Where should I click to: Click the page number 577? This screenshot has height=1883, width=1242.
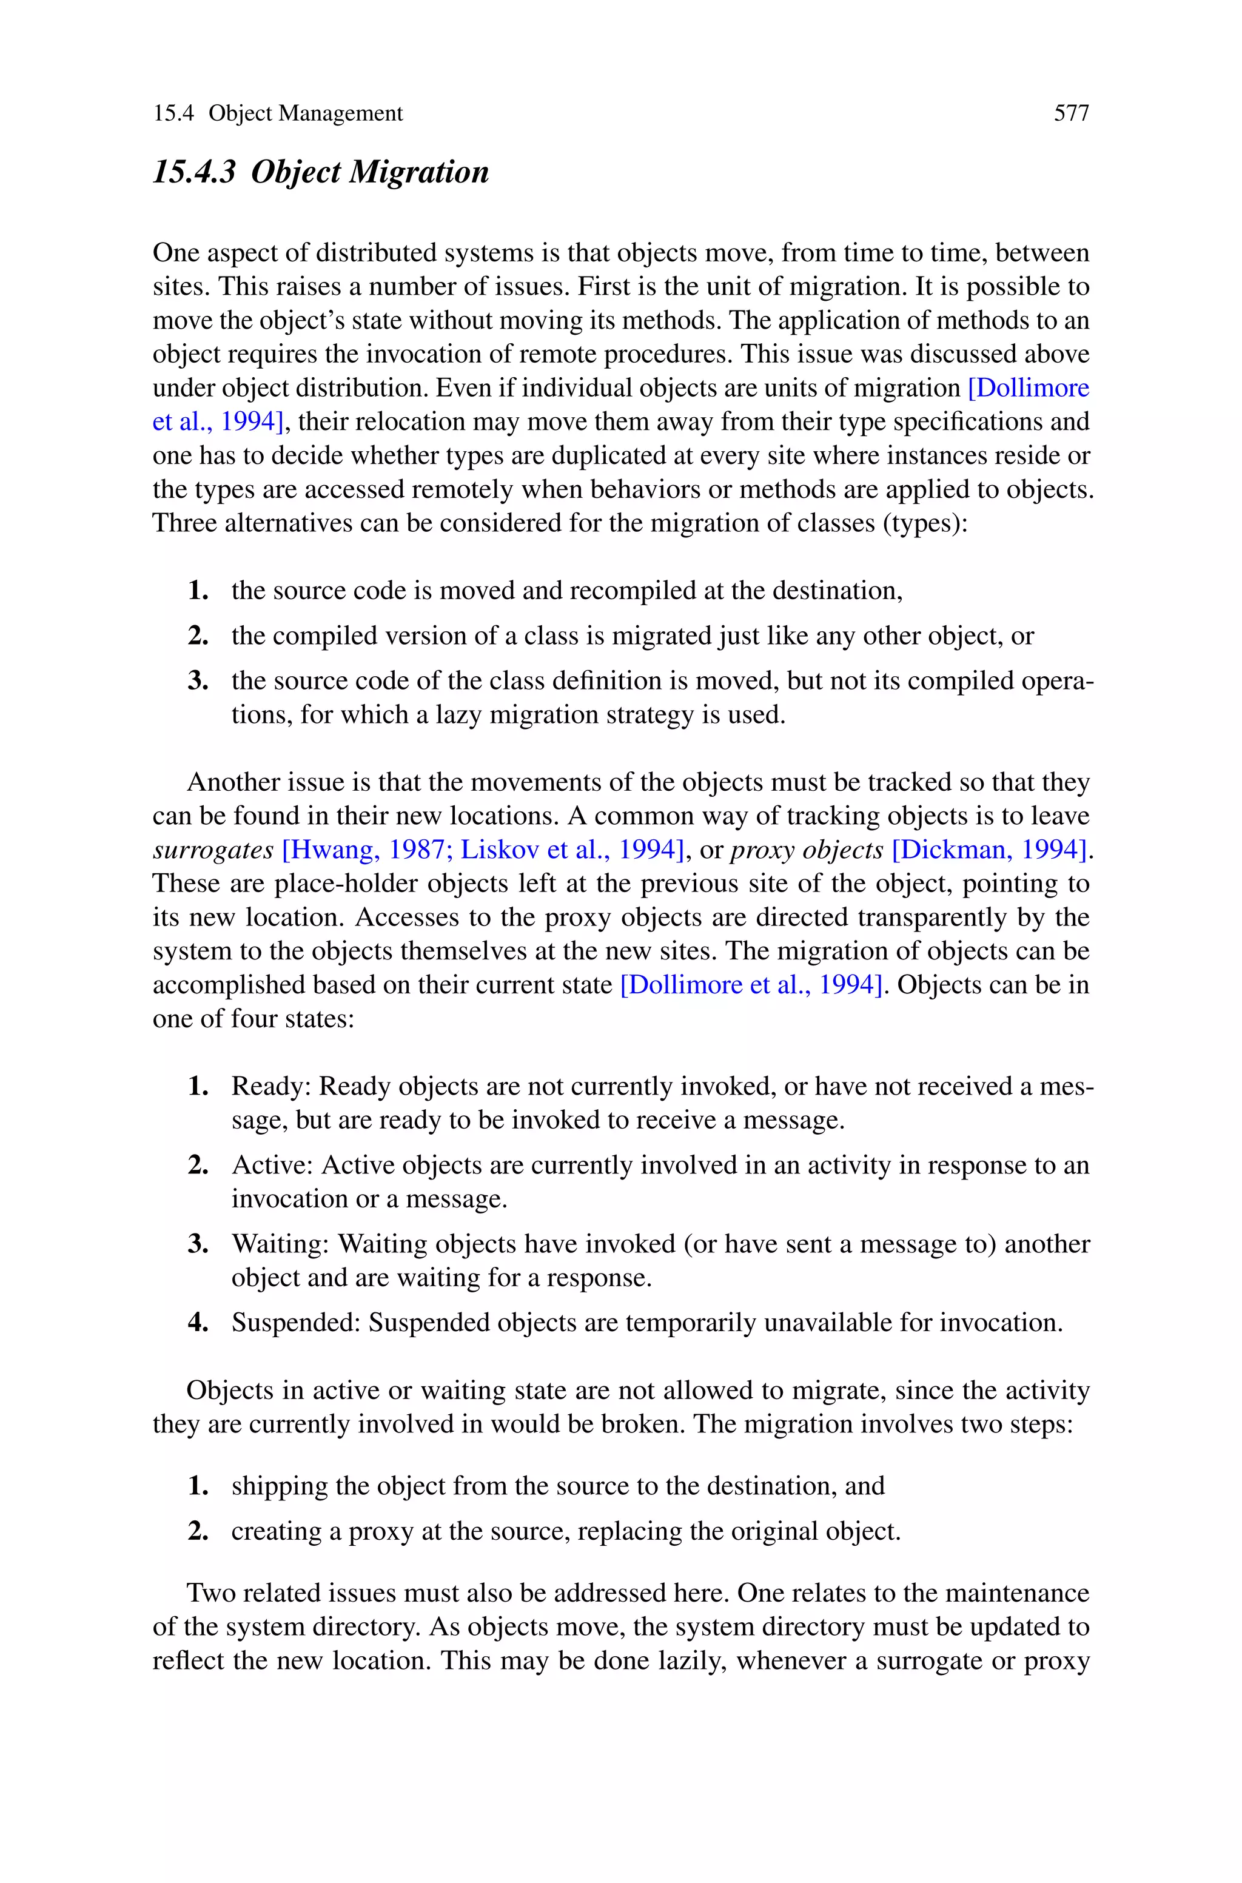(1071, 114)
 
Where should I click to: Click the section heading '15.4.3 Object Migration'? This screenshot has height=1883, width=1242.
(321, 172)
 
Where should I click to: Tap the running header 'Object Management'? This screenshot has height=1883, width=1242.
(306, 114)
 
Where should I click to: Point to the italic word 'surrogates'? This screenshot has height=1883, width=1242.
(212, 850)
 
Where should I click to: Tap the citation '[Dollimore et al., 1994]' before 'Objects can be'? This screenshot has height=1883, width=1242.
(750, 985)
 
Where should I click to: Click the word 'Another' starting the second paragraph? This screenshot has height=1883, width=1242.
(233, 782)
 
